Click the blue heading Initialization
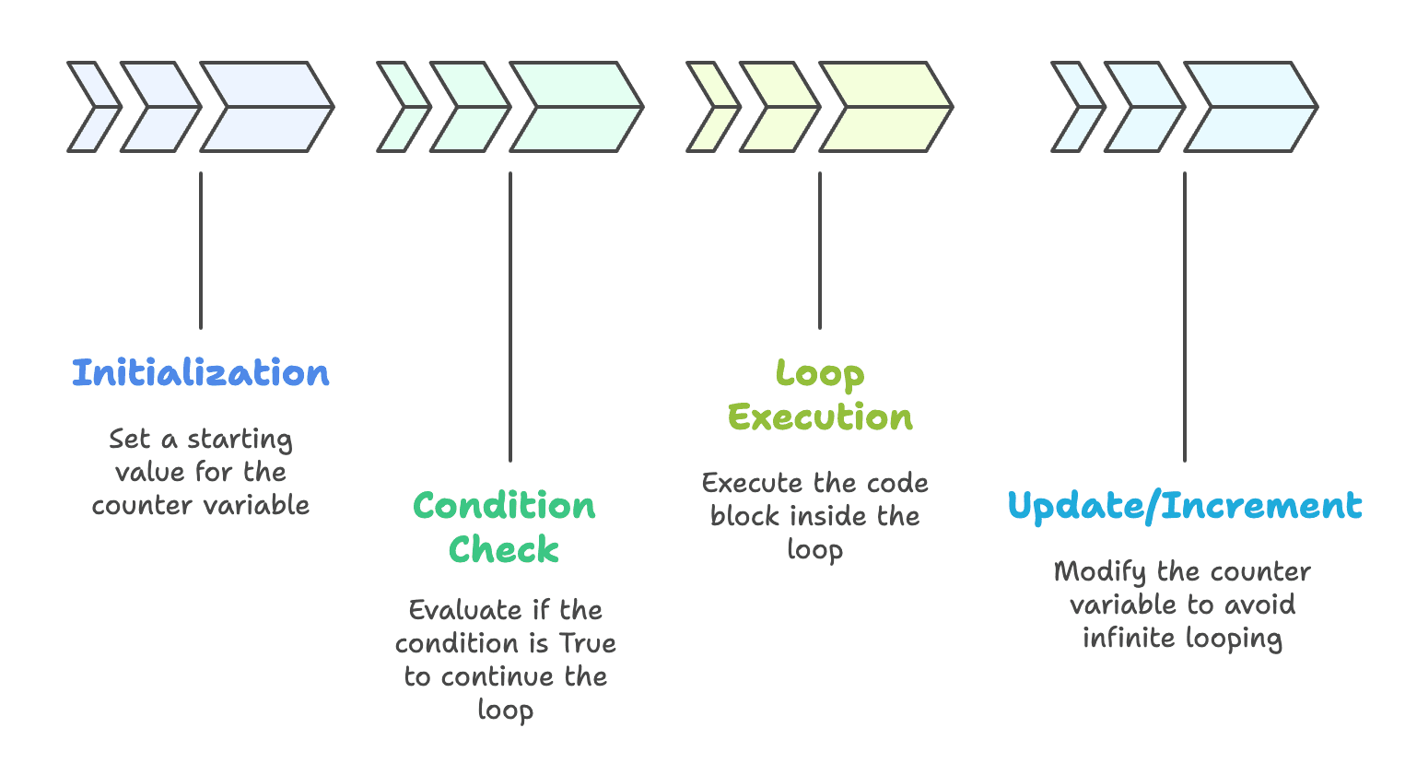click(x=200, y=373)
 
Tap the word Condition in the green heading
click(x=504, y=506)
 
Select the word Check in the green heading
click(x=504, y=549)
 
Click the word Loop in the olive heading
click(x=819, y=374)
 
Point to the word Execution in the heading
click(x=819, y=417)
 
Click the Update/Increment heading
click(x=1184, y=506)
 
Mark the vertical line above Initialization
click(x=201, y=250)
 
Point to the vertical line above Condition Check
click(x=510, y=316)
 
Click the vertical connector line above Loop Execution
click(x=820, y=250)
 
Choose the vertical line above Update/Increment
click(x=1185, y=316)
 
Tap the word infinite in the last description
click(x=1124, y=638)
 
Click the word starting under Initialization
click(x=240, y=440)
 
